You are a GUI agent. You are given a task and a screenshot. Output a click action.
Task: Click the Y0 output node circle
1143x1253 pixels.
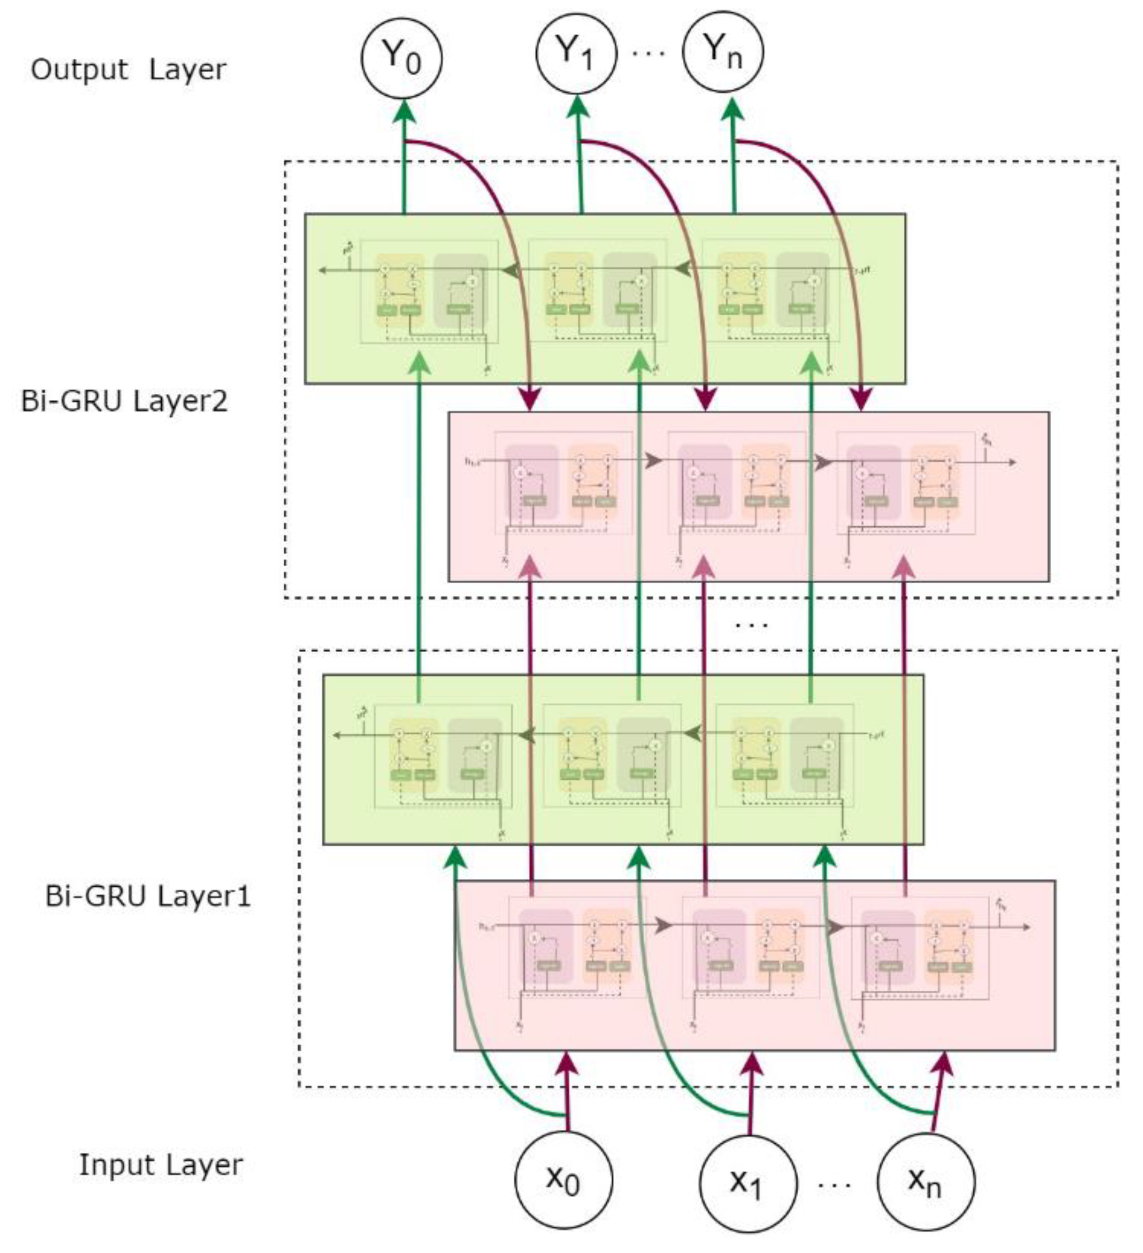tap(401, 57)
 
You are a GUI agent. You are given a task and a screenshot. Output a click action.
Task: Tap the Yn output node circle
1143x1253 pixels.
tap(723, 52)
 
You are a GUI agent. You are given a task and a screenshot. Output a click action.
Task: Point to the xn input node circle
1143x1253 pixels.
tap(926, 1181)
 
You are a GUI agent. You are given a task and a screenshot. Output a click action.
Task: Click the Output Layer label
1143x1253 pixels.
tap(129, 69)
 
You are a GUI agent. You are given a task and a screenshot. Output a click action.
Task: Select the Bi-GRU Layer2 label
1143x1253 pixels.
tap(124, 402)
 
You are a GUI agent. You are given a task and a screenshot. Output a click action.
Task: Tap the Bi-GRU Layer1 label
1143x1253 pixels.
tap(148, 896)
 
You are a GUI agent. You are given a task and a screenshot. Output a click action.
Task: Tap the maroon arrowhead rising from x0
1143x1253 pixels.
tap(566, 1064)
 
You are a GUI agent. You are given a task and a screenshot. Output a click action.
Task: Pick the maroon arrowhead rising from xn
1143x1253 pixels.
tap(944, 1064)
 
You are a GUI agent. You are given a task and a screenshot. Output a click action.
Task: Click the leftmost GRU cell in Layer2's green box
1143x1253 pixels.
tap(429, 291)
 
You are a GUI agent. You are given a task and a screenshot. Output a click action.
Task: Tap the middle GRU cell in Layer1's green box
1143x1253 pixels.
tap(612, 755)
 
